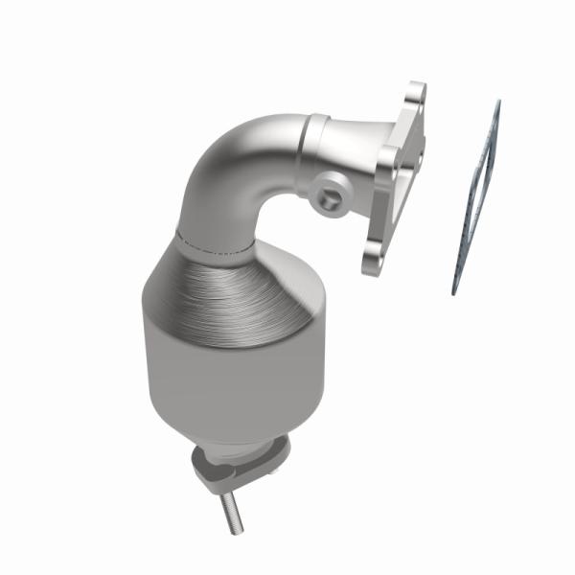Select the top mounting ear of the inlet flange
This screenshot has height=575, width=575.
414,96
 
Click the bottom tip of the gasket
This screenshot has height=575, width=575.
456,290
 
